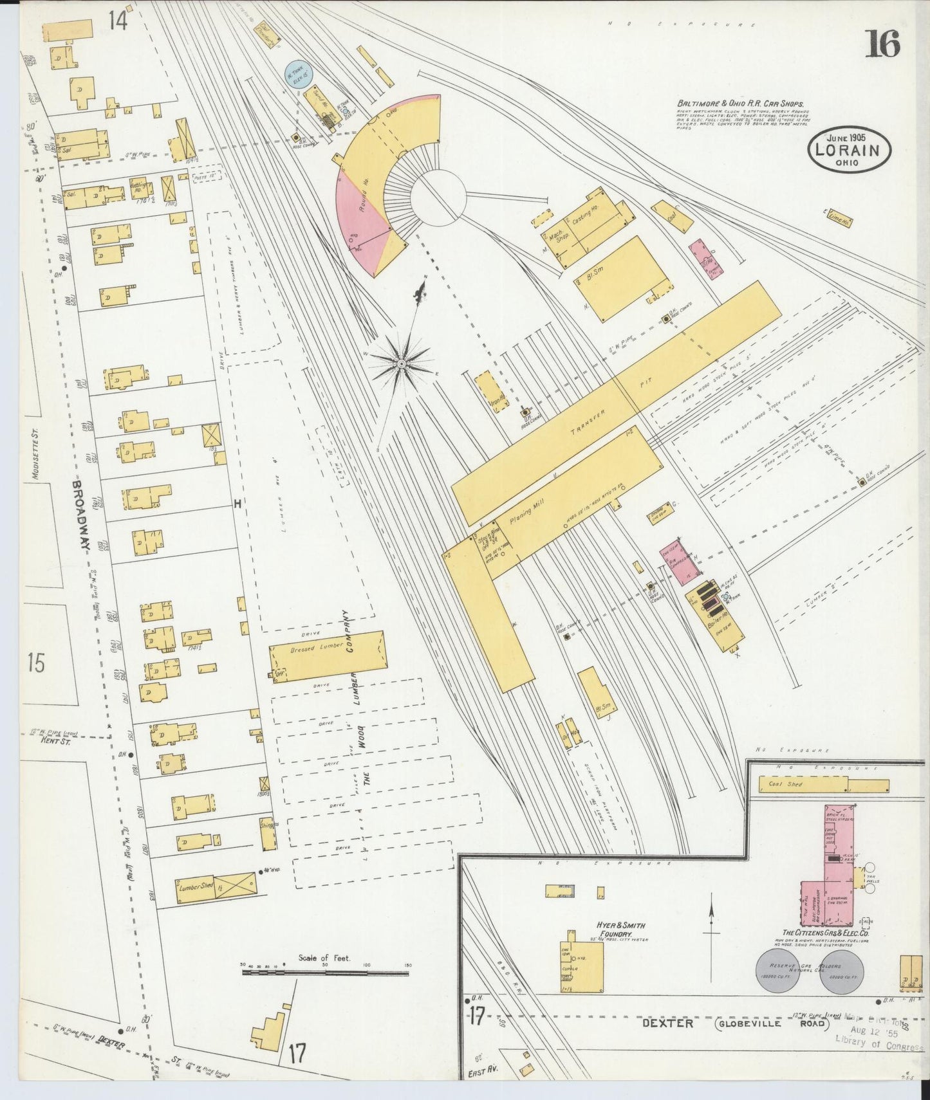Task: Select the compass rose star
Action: click(x=401, y=364)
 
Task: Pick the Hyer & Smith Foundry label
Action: click(x=622, y=930)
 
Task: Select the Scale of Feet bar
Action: click(x=325, y=973)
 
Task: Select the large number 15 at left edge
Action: click(x=37, y=663)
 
